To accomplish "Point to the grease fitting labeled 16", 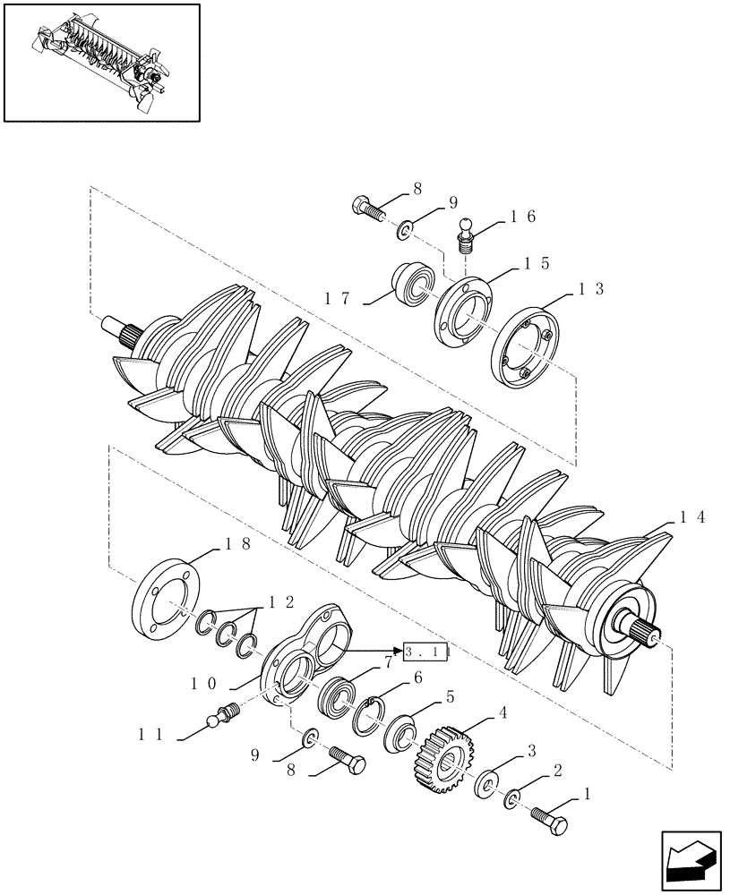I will [x=467, y=237].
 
